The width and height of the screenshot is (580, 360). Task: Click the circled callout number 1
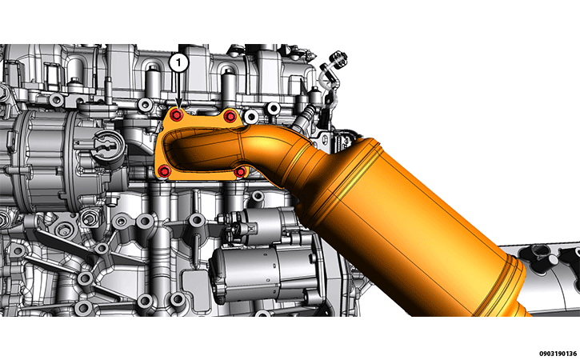click(x=179, y=63)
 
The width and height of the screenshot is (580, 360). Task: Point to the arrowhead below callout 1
click(x=179, y=106)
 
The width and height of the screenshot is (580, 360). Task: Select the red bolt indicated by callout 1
click(x=177, y=115)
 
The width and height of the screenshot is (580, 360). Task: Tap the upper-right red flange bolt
click(x=230, y=116)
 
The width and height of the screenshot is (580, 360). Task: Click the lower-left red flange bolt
click(x=164, y=171)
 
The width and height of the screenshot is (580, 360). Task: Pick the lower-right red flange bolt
click(x=240, y=172)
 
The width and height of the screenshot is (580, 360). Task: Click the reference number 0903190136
click(x=558, y=354)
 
